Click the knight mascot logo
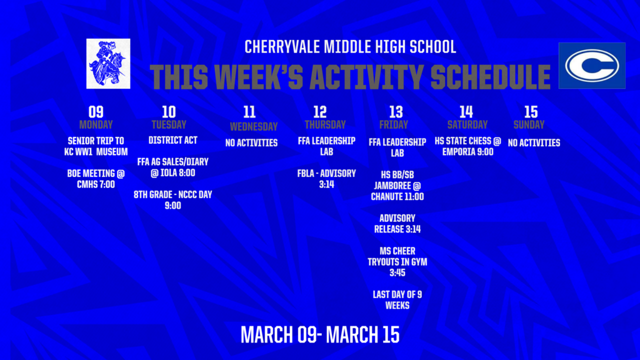tap(108, 64)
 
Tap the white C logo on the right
tap(591, 66)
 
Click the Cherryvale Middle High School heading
tap(350, 47)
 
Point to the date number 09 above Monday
tap(96, 112)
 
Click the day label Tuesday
tap(169, 124)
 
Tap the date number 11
tap(249, 112)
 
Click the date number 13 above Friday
tap(396, 112)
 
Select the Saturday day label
tap(467, 124)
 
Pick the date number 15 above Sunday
tap(531, 112)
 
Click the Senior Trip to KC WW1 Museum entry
tap(96, 146)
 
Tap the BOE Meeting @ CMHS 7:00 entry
tap(96, 179)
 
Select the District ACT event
tap(173, 141)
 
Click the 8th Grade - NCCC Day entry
tap(173, 200)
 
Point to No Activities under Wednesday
tap(251, 143)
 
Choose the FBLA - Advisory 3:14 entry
tap(326, 179)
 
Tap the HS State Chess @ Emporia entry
tap(467, 146)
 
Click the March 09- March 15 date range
tap(320, 334)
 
